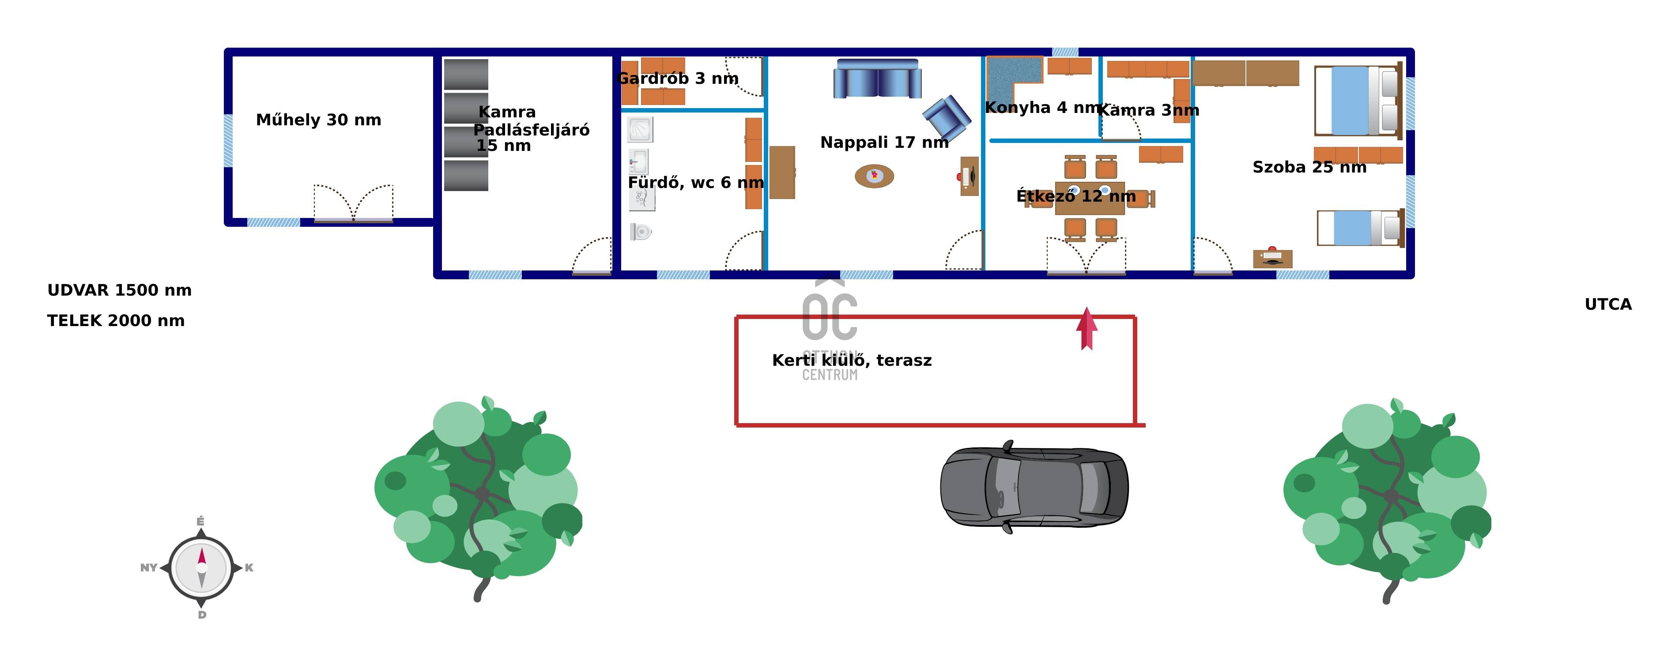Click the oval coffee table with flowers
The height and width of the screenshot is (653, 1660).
[874, 176]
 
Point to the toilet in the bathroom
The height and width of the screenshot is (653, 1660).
[641, 231]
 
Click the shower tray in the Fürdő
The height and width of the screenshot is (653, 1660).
[640, 129]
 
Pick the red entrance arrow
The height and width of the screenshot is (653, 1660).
[1087, 328]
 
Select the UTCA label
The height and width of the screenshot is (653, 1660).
[1608, 304]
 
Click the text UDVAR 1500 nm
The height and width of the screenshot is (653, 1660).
[119, 290]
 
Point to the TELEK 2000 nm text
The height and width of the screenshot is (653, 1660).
[116, 321]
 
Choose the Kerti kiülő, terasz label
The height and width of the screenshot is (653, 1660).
[851, 360]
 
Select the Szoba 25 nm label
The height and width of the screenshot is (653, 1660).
[1309, 167]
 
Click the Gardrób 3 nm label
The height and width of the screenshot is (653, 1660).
[677, 79]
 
